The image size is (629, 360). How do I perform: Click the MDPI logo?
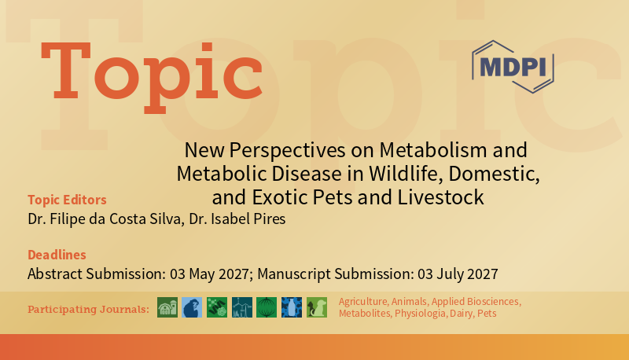(x=512, y=66)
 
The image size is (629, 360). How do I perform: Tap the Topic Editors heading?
(x=67, y=199)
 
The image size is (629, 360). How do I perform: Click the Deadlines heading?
(x=57, y=255)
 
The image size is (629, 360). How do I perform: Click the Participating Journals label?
(x=88, y=309)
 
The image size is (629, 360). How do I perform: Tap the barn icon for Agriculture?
(x=167, y=307)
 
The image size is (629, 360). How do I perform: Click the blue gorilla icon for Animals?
(x=192, y=307)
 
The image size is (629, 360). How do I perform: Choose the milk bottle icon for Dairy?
(x=291, y=307)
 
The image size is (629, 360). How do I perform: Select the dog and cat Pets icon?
(x=316, y=307)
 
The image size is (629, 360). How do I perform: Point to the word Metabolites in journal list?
(x=364, y=314)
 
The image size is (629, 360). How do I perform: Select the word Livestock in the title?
(x=449, y=196)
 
